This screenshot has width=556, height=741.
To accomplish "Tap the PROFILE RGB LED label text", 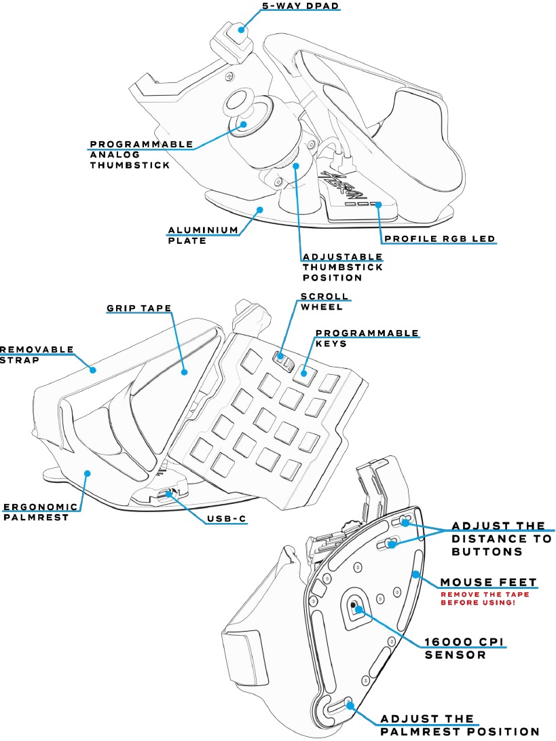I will [x=439, y=239].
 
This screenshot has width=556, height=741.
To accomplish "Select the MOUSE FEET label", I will [x=488, y=582].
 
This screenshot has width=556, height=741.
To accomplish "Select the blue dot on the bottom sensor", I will [x=354, y=609].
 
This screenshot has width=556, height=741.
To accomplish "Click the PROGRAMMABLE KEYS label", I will [x=367, y=339].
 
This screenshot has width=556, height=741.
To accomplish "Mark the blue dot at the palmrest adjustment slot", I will [x=350, y=705].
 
